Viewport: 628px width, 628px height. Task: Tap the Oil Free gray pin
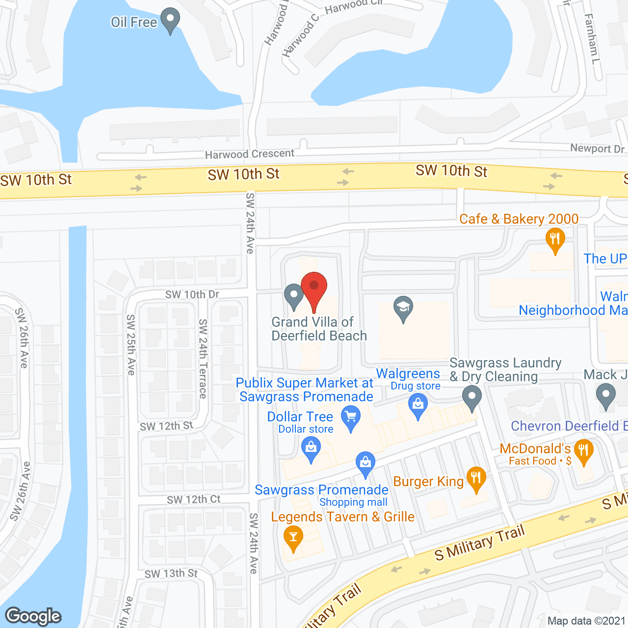[x=170, y=21]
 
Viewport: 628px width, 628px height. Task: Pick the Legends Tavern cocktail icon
[x=293, y=538]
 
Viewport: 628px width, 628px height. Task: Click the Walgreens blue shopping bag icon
[x=418, y=405]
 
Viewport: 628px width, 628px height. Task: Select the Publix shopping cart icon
[x=351, y=418]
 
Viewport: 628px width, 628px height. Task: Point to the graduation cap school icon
[x=403, y=309]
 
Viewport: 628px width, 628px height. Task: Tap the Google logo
[x=33, y=616]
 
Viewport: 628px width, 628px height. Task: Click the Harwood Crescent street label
[x=250, y=154]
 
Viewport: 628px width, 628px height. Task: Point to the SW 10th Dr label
[x=192, y=294]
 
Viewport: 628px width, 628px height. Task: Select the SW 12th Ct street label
[x=193, y=499]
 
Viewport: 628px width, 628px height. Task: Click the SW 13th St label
[x=171, y=574]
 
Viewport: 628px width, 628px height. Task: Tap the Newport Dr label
[x=597, y=148]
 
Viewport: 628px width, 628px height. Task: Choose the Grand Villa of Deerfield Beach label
[x=319, y=329]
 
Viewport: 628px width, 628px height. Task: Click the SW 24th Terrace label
[x=203, y=358]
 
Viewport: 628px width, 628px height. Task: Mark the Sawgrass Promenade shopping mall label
[x=322, y=495]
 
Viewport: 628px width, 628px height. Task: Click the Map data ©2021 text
[x=586, y=621]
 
